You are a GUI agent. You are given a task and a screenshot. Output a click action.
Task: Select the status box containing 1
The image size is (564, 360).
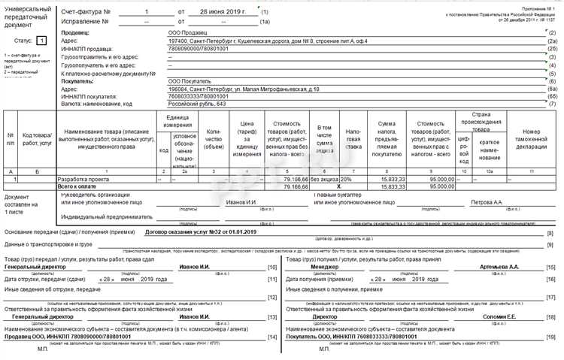point(41,40)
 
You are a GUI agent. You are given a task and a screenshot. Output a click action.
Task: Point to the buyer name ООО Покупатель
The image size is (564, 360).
point(190,81)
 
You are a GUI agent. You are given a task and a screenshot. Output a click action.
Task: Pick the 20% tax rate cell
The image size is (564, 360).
point(346,180)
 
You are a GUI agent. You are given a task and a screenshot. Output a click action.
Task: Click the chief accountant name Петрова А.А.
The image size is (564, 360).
point(486,202)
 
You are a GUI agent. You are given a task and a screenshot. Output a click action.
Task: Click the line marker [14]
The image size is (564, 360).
point(272,335)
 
